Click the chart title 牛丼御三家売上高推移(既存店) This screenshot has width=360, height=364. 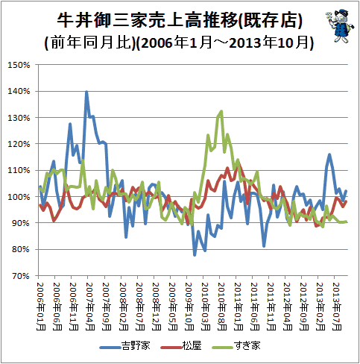[x=180, y=20]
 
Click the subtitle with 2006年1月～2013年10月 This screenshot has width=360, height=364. [x=179, y=43]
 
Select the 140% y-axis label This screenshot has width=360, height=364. [x=19, y=91]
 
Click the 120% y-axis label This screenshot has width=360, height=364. [x=19, y=144]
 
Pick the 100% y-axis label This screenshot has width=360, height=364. [x=19, y=197]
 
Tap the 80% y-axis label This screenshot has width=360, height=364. [x=21, y=249]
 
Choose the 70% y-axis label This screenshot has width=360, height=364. [x=21, y=276]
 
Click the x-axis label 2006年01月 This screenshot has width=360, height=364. [x=41, y=307]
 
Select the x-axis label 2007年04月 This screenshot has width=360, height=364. [x=90, y=307]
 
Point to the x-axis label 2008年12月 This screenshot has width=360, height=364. [x=156, y=307]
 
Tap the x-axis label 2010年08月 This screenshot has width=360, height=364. [x=221, y=307]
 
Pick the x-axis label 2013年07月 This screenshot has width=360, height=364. [x=337, y=307]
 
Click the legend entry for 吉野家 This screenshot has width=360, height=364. [x=125, y=346]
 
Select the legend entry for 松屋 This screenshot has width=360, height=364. [x=181, y=346]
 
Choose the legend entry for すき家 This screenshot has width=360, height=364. [x=236, y=346]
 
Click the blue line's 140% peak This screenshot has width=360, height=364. [x=86, y=92]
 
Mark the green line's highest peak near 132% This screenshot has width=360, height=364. [x=221, y=111]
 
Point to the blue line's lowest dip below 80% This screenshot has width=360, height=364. [x=195, y=255]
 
